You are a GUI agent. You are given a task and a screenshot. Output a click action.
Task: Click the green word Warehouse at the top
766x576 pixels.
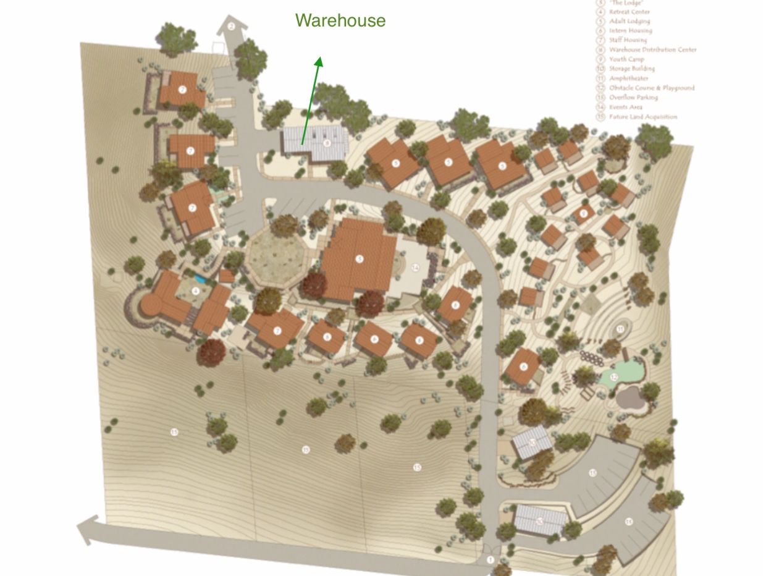click(340, 20)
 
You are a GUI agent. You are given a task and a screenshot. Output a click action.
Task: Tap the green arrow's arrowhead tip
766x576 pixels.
click(319, 59)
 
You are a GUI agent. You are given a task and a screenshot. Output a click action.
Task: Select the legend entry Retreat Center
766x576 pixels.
click(629, 12)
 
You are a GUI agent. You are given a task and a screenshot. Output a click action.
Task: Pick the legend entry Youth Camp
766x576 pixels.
click(626, 59)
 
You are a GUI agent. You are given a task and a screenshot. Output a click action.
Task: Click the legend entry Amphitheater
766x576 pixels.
click(628, 78)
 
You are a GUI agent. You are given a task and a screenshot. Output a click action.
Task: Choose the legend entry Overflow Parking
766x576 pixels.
click(633, 98)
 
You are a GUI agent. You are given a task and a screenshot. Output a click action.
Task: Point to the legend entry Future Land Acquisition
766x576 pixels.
click(642, 117)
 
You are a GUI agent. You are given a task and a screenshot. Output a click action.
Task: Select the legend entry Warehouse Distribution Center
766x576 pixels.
click(652, 49)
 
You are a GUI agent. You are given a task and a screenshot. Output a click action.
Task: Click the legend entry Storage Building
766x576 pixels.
click(631, 69)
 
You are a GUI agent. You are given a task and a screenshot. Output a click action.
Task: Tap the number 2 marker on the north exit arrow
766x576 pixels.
click(231, 26)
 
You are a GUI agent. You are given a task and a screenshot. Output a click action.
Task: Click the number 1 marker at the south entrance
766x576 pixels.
click(490, 561)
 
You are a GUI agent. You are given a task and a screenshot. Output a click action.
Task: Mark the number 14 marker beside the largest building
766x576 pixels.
click(416, 268)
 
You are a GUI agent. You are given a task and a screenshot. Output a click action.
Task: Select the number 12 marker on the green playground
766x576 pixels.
click(614, 377)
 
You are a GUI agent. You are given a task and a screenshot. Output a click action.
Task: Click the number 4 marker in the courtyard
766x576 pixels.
click(196, 291)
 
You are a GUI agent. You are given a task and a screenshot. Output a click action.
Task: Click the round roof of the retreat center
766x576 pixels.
click(151, 305)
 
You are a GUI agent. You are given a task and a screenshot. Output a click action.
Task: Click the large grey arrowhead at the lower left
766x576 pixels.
click(88, 529)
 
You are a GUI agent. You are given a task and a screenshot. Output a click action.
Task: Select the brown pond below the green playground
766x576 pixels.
click(629, 398)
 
